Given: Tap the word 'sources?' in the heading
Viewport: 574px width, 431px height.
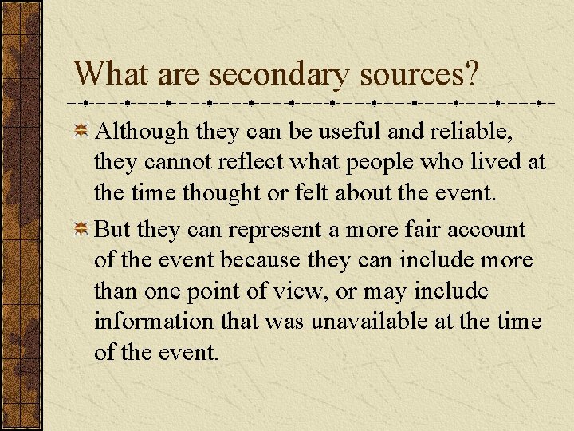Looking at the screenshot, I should (x=419, y=74).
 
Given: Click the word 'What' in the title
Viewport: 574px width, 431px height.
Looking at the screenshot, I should (x=112, y=74).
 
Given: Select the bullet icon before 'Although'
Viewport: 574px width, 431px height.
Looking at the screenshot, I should (x=81, y=132).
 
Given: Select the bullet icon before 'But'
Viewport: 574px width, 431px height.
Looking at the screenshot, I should (x=81, y=231).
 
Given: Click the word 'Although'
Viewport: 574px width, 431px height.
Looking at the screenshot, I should (x=140, y=132).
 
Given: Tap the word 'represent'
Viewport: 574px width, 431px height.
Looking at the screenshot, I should (x=276, y=231).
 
